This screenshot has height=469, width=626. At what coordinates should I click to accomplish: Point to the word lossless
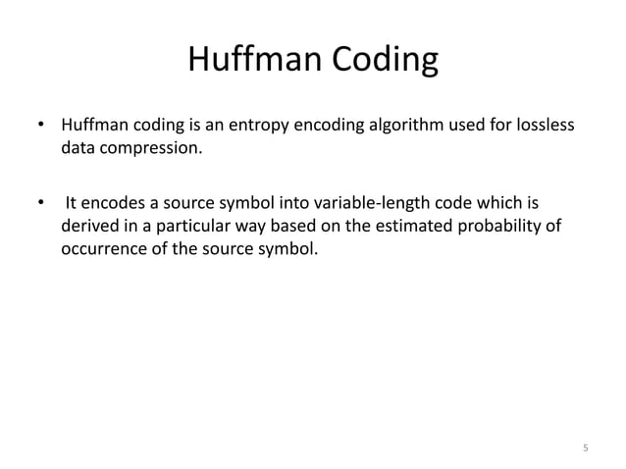tap(544, 128)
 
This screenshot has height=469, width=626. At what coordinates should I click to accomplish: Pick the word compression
tap(149, 151)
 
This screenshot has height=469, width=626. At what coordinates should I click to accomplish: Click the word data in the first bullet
tap(79, 151)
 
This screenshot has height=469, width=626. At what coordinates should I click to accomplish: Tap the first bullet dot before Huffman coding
tap(41, 128)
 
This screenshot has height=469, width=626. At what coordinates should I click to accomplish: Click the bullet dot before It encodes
tap(41, 204)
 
